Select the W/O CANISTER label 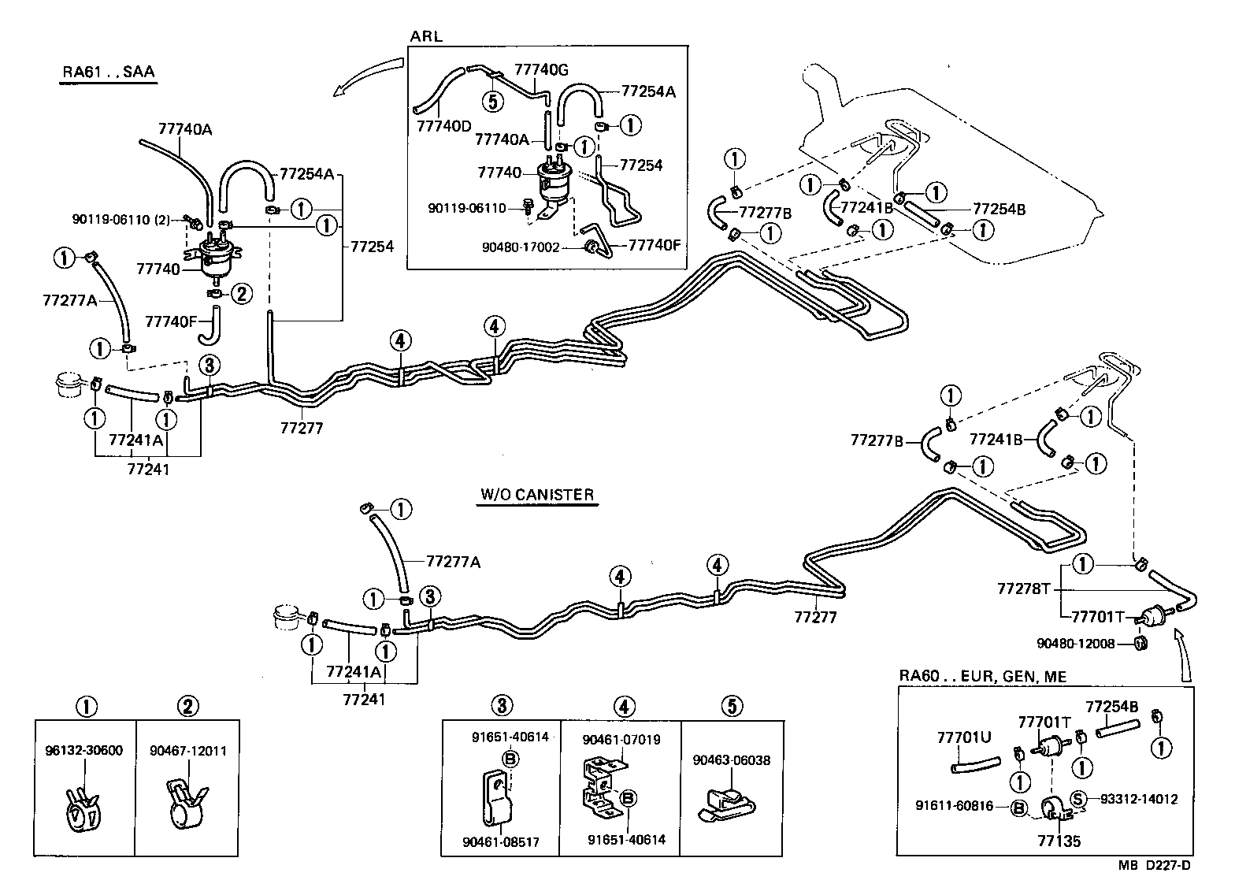coord(536,495)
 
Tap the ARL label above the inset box coord(426,36)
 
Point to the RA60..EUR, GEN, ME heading coord(983,676)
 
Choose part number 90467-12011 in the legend coord(187,750)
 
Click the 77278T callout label coord(1024,589)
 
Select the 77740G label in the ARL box coord(541,70)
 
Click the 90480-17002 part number coord(521,247)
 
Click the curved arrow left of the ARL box coord(367,75)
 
